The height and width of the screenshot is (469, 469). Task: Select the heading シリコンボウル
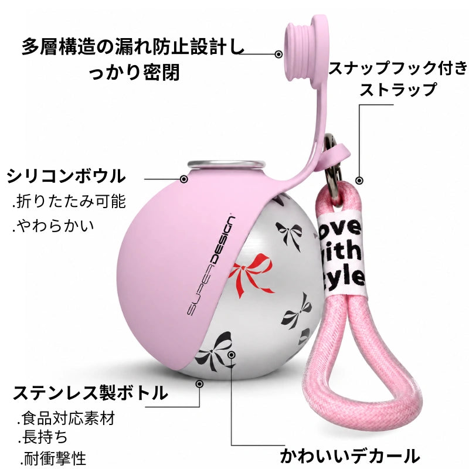pos(66,176)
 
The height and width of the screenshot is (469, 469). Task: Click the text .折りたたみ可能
pos(69,201)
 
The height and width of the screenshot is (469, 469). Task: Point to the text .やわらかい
pos(53,226)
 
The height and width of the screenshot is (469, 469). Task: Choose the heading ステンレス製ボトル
pos(90,393)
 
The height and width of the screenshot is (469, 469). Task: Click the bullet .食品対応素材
pos(66,418)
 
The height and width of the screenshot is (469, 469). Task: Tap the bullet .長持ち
pos(42,437)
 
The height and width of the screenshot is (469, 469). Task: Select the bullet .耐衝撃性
pos(53,458)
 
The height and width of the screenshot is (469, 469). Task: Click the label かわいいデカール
pos(349,456)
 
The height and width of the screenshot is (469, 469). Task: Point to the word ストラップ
pos(398,90)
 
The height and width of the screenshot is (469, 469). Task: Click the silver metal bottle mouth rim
pos(226,164)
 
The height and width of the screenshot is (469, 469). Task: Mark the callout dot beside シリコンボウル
pos(184,179)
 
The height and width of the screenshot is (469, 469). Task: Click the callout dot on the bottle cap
pos(278,55)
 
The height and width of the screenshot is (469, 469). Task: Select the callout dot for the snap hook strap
pos(359,181)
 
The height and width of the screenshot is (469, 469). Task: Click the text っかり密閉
pos(134,72)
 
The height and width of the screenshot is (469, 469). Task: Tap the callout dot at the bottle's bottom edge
pos(199,384)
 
